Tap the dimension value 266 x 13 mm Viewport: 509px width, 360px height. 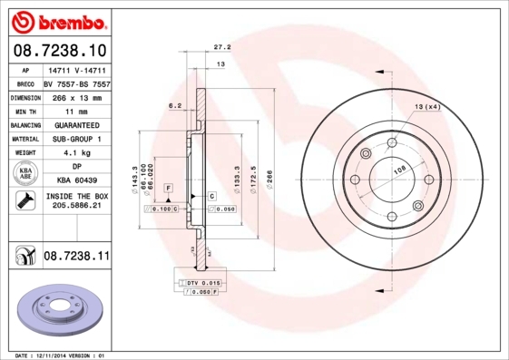click(75, 96)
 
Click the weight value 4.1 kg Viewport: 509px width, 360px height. click(76, 153)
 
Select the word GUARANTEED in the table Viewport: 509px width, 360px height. click(76, 124)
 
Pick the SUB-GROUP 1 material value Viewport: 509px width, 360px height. click(76, 139)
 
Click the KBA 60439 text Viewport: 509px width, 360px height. click(76, 181)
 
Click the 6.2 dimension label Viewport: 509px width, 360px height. click(175, 106)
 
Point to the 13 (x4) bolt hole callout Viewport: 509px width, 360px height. click(427, 107)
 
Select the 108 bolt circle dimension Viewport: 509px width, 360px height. click(396, 169)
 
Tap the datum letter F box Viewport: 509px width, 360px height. click(168, 187)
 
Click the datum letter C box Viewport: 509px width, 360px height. click(210, 195)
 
